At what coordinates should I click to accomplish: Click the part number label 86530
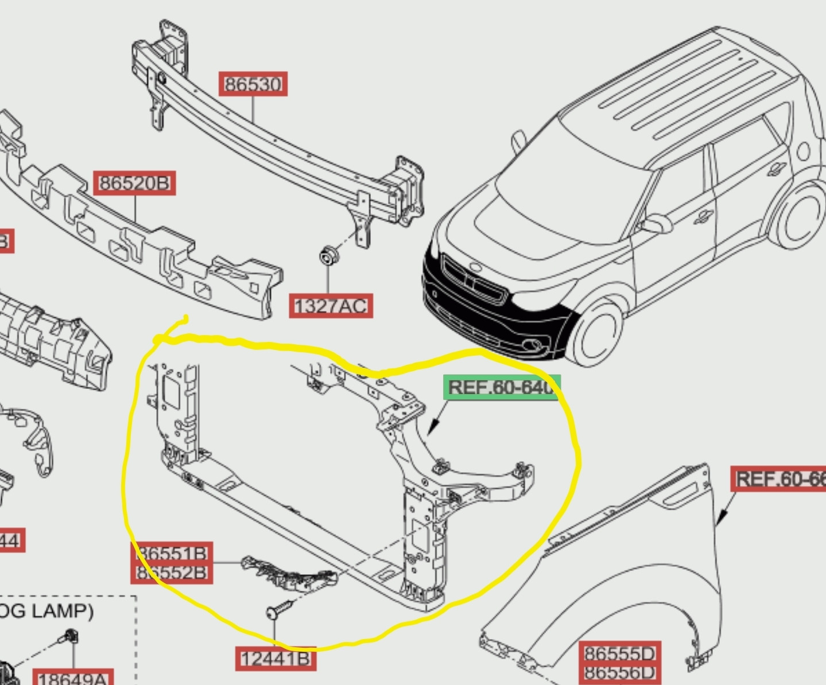(x=253, y=84)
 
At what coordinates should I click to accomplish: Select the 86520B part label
(x=134, y=183)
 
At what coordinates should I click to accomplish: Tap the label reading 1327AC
(x=331, y=306)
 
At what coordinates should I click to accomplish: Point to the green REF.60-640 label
(x=501, y=387)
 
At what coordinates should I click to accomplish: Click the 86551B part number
(x=172, y=553)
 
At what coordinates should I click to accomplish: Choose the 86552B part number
(x=172, y=573)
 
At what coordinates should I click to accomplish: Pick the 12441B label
(x=276, y=659)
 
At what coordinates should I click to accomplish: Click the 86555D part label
(x=619, y=653)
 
